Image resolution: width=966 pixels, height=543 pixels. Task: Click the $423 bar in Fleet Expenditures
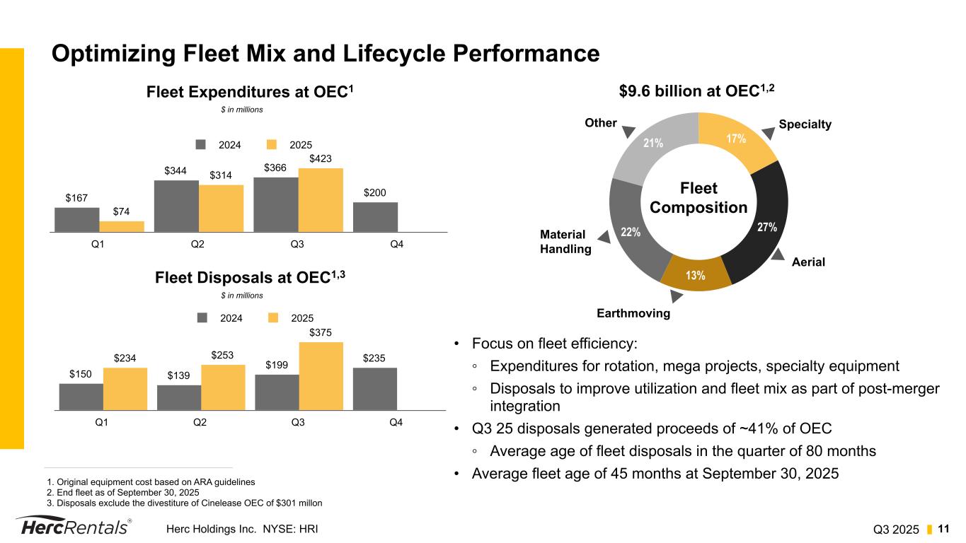tap(321, 200)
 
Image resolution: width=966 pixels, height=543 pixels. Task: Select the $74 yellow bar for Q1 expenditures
tap(122, 226)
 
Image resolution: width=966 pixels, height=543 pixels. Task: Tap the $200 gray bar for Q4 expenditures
tap(375, 217)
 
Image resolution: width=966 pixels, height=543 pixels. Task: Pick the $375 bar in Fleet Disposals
tap(321, 375)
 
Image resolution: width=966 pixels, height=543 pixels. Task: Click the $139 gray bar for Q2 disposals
tap(179, 397)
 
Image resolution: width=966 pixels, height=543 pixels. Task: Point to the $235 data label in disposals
tap(375, 358)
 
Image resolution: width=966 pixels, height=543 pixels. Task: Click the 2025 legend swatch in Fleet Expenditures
tap(272, 144)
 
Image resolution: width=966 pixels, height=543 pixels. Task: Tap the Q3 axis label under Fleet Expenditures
tap(297, 244)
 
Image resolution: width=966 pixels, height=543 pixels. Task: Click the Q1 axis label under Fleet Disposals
tap(101, 422)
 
